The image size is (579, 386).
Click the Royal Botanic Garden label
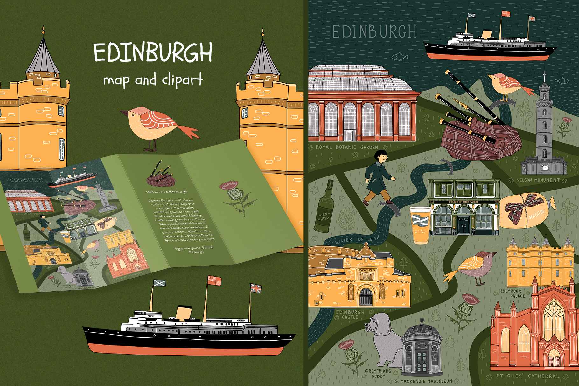click(x=347, y=148)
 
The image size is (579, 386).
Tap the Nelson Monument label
click(x=538, y=180)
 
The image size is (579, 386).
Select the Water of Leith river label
click(x=357, y=240)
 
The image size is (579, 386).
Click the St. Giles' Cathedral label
click(x=527, y=376)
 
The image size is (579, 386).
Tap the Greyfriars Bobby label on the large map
click(x=378, y=373)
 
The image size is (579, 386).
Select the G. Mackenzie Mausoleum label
click(x=423, y=381)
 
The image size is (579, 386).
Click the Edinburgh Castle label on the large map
click(x=350, y=314)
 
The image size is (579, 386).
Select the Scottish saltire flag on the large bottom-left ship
click(x=159, y=283)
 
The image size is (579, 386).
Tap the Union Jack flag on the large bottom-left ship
click(x=256, y=288)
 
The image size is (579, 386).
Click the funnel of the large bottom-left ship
click(x=184, y=313)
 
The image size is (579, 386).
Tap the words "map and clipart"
click(x=153, y=80)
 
